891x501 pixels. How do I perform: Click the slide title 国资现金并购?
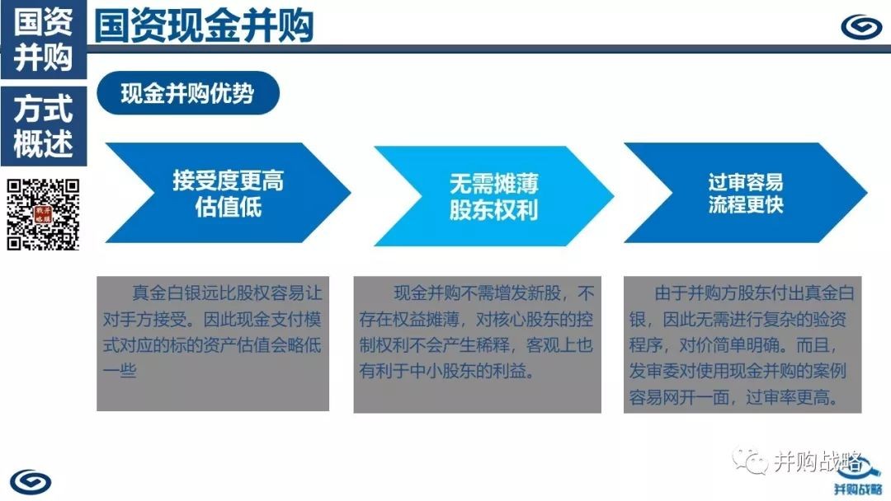[204, 26]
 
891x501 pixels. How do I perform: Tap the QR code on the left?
[43, 214]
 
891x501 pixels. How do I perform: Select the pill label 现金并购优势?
[188, 93]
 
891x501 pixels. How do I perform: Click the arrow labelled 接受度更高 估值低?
[228, 193]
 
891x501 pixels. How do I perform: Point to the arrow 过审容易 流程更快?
[746, 193]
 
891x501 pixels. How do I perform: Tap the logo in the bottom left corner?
[31, 482]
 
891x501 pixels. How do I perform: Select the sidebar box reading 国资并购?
[44, 40]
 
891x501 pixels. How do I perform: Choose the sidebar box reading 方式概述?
[44, 126]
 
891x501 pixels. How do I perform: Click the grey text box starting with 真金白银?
[213, 344]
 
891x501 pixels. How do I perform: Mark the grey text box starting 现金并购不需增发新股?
[478, 344]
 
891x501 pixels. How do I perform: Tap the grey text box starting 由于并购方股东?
[742, 344]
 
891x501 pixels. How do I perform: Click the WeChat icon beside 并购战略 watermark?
[750, 461]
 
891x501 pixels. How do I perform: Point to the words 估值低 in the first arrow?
[228, 207]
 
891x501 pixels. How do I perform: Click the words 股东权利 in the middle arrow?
[493, 210]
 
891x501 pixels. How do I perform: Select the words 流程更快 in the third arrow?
[746, 204]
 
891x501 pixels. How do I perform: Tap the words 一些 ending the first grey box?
[120, 371]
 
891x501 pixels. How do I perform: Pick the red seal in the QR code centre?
[43, 214]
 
